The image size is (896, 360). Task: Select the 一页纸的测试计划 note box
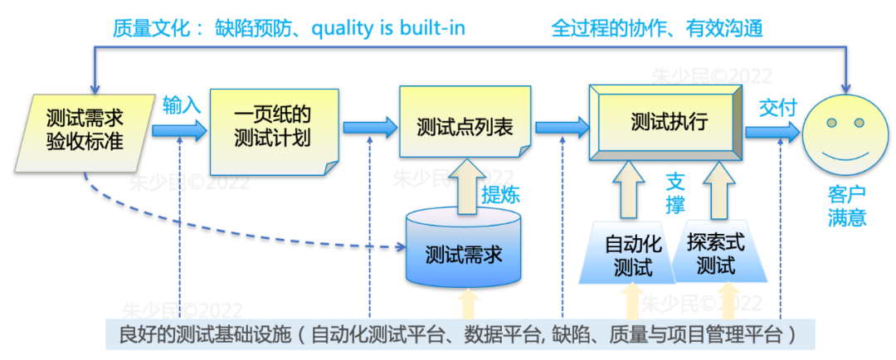(273, 126)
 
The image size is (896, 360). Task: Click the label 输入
(182, 105)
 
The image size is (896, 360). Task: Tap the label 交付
(777, 107)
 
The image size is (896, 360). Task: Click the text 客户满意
(846, 207)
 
